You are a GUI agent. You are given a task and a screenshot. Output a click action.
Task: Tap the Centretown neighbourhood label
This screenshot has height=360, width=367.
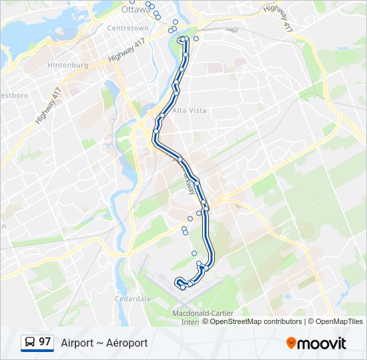(128, 28)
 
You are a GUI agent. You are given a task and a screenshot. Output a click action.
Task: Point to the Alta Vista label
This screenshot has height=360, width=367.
(190, 110)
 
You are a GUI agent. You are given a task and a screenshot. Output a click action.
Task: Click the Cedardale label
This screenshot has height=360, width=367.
(133, 299)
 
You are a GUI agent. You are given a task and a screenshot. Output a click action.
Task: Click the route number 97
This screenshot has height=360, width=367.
(45, 342)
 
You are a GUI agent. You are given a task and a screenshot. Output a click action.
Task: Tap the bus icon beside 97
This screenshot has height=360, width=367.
(30, 343)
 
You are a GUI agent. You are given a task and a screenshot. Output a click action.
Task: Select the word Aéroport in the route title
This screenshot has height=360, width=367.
(127, 343)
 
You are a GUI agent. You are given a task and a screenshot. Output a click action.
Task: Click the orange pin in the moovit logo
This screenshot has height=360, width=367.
(291, 343)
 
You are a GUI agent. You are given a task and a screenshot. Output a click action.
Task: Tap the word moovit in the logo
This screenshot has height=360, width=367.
(322, 343)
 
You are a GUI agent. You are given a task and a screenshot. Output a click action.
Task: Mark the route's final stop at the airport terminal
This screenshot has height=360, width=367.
(183, 287)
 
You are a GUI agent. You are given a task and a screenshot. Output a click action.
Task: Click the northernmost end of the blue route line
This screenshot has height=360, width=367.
(183, 40)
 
